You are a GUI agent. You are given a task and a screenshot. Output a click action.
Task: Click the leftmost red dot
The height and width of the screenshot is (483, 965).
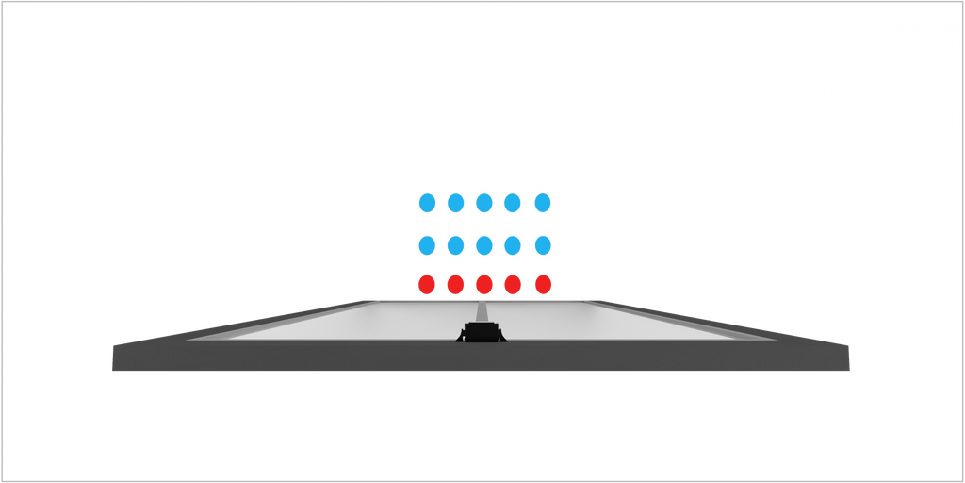pyautogui.click(x=427, y=283)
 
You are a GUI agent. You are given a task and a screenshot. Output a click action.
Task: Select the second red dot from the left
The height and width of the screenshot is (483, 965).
pyautogui.click(x=456, y=283)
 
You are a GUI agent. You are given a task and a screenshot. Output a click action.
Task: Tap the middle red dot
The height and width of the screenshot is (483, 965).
pyautogui.click(x=484, y=283)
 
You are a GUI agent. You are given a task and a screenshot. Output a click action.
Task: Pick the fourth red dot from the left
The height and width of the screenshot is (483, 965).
pyautogui.click(x=513, y=283)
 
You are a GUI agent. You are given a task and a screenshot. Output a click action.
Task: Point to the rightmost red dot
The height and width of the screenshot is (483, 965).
pyautogui.click(x=542, y=283)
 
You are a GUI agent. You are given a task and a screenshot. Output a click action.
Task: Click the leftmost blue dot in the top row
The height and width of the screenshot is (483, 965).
pyautogui.click(x=427, y=202)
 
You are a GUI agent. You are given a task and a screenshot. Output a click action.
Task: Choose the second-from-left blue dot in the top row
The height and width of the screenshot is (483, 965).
pyautogui.click(x=456, y=202)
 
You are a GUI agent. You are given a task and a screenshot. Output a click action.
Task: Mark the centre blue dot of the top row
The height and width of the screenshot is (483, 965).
pyautogui.click(x=484, y=202)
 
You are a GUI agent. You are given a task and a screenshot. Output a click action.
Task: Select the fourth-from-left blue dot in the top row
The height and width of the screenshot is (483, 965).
pyautogui.click(x=513, y=202)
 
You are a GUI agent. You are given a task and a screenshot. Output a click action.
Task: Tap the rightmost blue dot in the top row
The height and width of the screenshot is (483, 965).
pyautogui.click(x=542, y=202)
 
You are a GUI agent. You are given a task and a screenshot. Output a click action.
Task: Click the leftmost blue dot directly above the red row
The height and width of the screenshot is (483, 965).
pyautogui.click(x=427, y=245)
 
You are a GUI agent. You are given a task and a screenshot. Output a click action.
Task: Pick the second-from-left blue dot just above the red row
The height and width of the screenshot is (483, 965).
pyautogui.click(x=456, y=245)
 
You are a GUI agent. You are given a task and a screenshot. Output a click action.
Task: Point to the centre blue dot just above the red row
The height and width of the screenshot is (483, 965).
pyautogui.click(x=484, y=245)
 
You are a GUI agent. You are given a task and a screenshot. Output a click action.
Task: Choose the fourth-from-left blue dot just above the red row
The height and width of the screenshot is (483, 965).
pyautogui.click(x=513, y=245)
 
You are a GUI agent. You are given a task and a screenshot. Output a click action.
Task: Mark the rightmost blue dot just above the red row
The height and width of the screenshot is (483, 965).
pyautogui.click(x=542, y=245)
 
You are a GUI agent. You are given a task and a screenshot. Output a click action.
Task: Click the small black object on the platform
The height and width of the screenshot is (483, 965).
pyautogui.click(x=482, y=332)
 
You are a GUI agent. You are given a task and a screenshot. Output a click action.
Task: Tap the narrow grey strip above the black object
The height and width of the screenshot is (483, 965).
pyautogui.click(x=482, y=311)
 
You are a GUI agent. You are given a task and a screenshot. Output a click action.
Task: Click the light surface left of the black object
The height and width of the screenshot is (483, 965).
pyautogui.click(x=358, y=321)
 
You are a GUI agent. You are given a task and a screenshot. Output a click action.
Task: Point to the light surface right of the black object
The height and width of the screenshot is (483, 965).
pyautogui.click(x=613, y=321)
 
